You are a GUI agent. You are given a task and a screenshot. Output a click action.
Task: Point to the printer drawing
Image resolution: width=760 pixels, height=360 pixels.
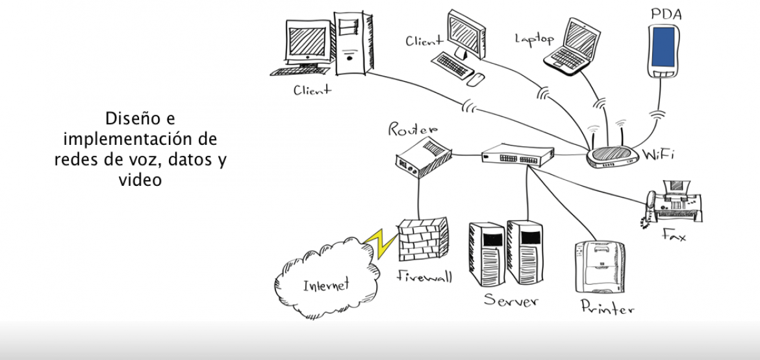pos(601,266)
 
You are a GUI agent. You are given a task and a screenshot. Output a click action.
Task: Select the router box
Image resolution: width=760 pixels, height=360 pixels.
pos(422,156)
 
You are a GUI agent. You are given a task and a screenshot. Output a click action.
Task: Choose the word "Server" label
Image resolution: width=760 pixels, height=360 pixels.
pos(511,301)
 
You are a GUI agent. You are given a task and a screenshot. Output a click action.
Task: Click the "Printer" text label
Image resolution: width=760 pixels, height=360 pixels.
pos(607,308)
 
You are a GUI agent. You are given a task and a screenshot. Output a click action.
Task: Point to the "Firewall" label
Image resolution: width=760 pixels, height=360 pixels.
pos(424,276)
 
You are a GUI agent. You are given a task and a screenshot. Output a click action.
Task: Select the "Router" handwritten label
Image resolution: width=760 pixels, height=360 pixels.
pos(412,129)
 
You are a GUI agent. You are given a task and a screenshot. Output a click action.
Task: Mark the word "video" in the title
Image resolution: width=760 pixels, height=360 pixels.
pos(140,180)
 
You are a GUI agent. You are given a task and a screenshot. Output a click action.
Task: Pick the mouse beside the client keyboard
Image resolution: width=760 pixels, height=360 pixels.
pos(476,79)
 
